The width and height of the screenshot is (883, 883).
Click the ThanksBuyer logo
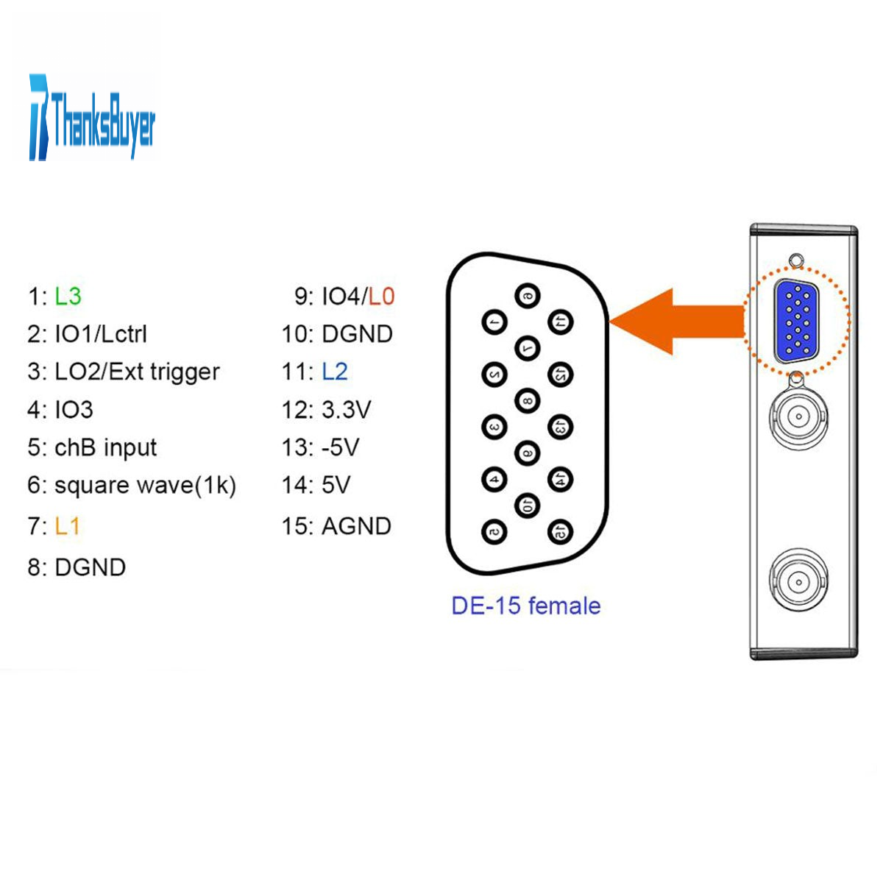[92, 118]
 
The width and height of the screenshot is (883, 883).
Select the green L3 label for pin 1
[68, 297]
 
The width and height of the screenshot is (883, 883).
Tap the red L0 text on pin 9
[381, 297]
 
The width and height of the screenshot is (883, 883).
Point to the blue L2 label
[335, 372]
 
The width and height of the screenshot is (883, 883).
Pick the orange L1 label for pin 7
[67, 526]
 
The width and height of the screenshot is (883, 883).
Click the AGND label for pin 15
[356, 526]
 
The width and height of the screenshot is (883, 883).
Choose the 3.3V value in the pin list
[346, 409]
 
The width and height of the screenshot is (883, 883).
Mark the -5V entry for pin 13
[340, 447]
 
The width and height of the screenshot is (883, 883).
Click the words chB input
[105, 447]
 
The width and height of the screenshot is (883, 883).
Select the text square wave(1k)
[145, 486]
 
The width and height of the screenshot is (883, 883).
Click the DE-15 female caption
[525, 606]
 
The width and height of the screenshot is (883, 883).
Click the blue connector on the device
[797, 322]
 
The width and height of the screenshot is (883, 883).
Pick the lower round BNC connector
[798, 582]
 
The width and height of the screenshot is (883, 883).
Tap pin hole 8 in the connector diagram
[527, 400]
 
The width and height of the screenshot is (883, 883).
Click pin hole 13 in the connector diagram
[561, 426]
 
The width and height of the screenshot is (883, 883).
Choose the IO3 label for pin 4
[74, 409]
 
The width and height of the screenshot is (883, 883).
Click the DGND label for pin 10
[357, 334]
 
